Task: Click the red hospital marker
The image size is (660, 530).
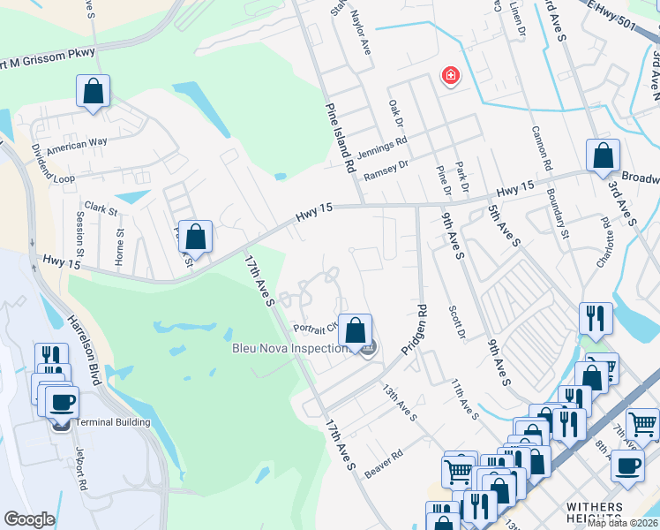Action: click(x=451, y=77)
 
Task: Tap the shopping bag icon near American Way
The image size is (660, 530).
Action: click(x=93, y=91)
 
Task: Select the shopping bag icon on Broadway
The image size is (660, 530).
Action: click(x=603, y=155)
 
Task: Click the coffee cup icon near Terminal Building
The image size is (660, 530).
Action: click(x=61, y=402)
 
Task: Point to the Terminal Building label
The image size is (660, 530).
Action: click(x=112, y=422)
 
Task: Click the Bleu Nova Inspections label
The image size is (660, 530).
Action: click(x=290, y=348)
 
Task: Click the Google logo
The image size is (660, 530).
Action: click(x=29, y=519)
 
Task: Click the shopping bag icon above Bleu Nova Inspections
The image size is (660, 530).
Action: click(x=355, y=330)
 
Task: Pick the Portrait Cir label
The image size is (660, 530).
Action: click(x=315, y=326)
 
